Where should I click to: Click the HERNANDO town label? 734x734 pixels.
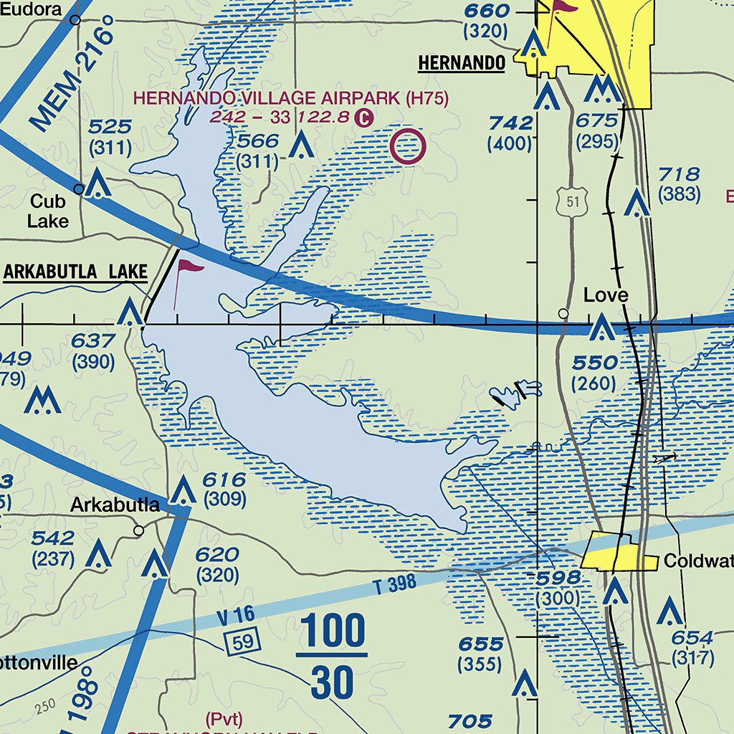pyautogui.click(x=462, y=63)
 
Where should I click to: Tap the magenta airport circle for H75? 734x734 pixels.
pyautogui.click(x=407, y=147)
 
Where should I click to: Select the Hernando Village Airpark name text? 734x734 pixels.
pyautogui.click(x=291, y=99)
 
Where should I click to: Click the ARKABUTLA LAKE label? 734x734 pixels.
pyautogui.click(x=75, y=272)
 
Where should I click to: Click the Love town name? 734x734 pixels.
pyautogui.click(x=606, y=295)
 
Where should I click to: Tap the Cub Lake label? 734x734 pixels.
pyautogui.click(x=49, y=211)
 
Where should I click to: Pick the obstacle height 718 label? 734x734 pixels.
pyautogui.click(x=679, y=173)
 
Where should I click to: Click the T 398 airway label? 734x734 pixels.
pyautogui.click(x=394, y=584)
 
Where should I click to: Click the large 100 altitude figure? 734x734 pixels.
pyautogui.click(x=331, y=633)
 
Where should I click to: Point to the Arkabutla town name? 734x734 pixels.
pyautogui.click(x=115, y=505)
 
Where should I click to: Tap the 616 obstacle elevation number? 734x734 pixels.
pyautogui.click(x=224, y=480)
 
